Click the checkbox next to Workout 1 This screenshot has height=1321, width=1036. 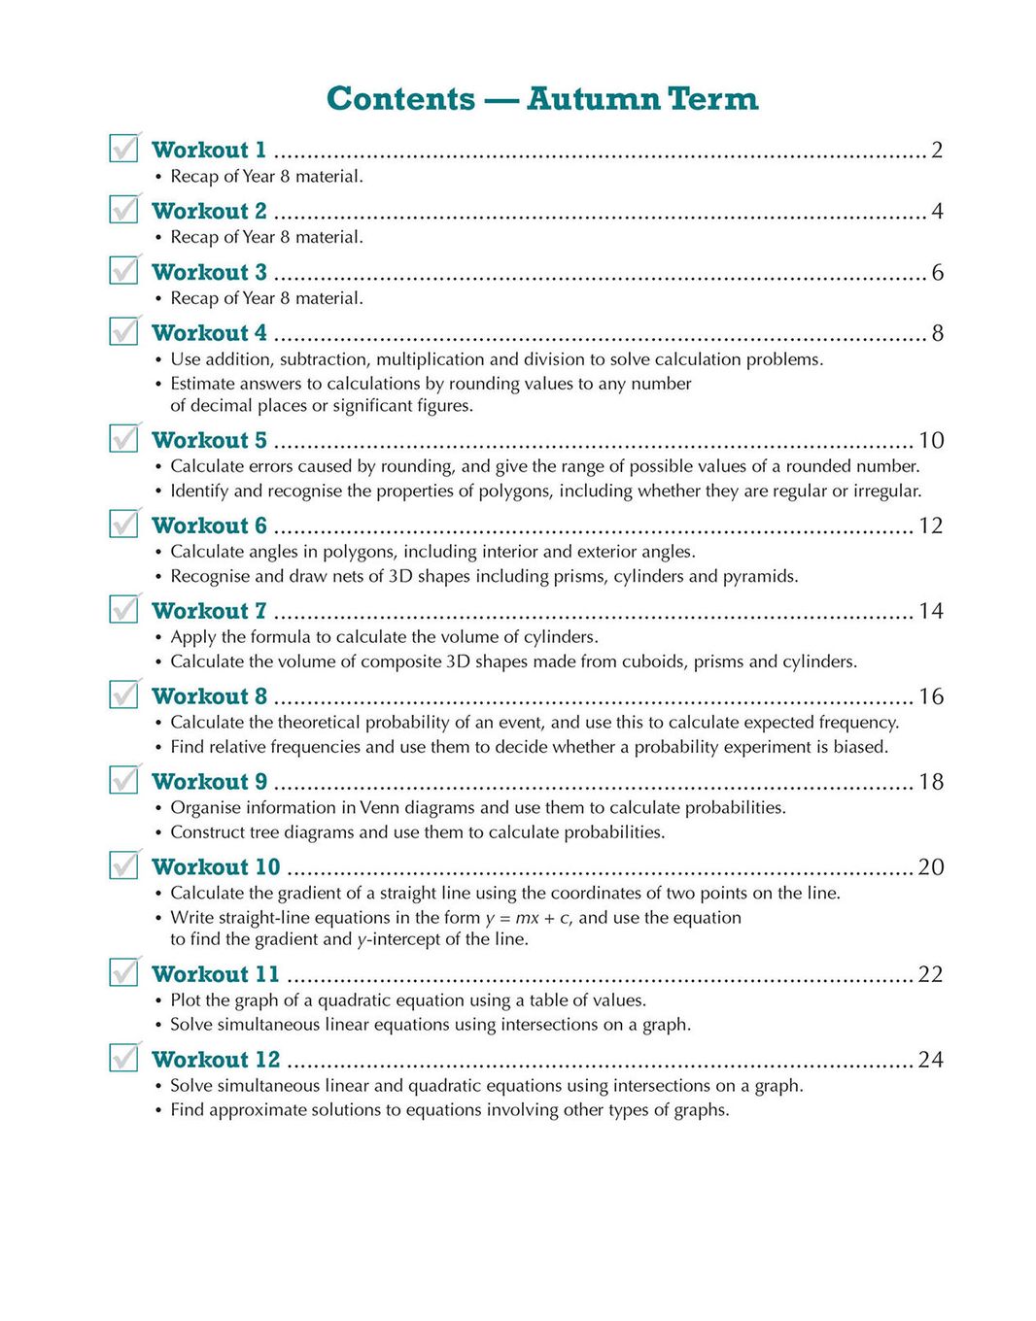pyautogui.click(x=123, y=149)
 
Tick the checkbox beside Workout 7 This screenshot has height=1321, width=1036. pyautogui.click(x=123, y=610)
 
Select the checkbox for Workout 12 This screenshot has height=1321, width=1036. pyautogui.click(x=123, y=1058)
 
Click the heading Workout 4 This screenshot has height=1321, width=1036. pyautogui.click(x=209, y=333)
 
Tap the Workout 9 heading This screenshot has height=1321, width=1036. pyautogui.click(x=209, y=782)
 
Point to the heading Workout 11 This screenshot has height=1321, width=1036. pyautogui.click(x=215, y=974)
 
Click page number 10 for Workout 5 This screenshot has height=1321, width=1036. pyautogui.click(x=931, y=441)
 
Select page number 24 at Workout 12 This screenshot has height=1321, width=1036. pyautogui.click(x=930, y=1060)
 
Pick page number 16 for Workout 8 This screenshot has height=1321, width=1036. pyautogui.click(x=931, y=696)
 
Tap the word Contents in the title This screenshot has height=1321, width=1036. pyautogui.click(x=400, y=99)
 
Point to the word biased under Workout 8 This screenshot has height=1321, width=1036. pyautogui.click(x=860, y=747)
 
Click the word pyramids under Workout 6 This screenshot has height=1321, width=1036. pyautogui.click(x=761, y=576)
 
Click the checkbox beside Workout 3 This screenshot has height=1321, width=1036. pyautogui.click(x=123, y=271)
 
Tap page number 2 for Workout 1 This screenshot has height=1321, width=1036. pyautogui.click(x=937, y=150)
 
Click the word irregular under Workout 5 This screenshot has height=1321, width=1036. pyautogui.click(x=886, y=491)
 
